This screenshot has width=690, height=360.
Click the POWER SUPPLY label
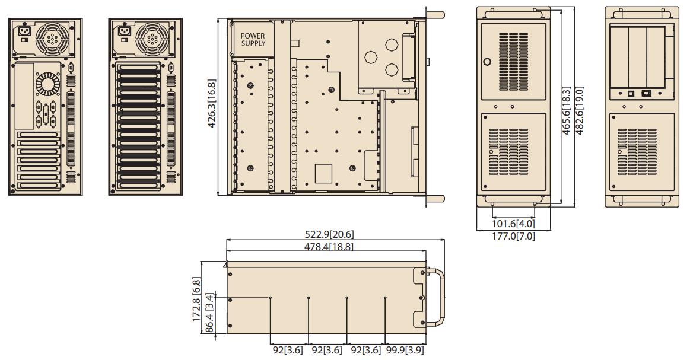[253, 40]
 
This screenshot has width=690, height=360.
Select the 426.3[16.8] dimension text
[212, 104]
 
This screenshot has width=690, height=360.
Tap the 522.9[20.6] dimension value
[329, 234]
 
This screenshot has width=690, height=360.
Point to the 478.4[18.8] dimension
[329, 247]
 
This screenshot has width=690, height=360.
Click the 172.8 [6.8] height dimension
[197, 299]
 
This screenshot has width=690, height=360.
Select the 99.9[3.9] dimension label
[405, 350]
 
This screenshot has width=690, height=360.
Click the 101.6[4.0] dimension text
[513, 224]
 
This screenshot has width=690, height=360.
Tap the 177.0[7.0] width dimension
[513, 236]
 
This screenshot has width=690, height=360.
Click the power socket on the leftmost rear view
[23, 31]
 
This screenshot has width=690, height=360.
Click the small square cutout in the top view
[323, 173]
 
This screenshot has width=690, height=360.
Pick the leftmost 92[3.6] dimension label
[288, 350]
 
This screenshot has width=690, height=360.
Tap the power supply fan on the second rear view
[152, 39]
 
